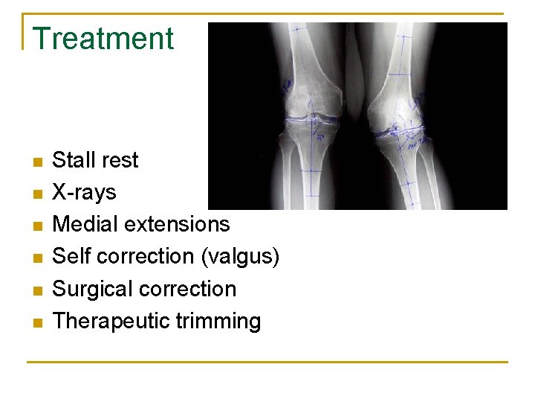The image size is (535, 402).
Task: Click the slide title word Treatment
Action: (103, 39)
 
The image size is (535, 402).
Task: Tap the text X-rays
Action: (84, 192)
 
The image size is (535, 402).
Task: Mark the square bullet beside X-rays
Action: (38, 194)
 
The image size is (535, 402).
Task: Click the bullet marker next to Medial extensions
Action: (38, 226)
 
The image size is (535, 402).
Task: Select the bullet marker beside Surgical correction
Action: (38, 290)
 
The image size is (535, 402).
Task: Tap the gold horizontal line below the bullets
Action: (267, 363)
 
